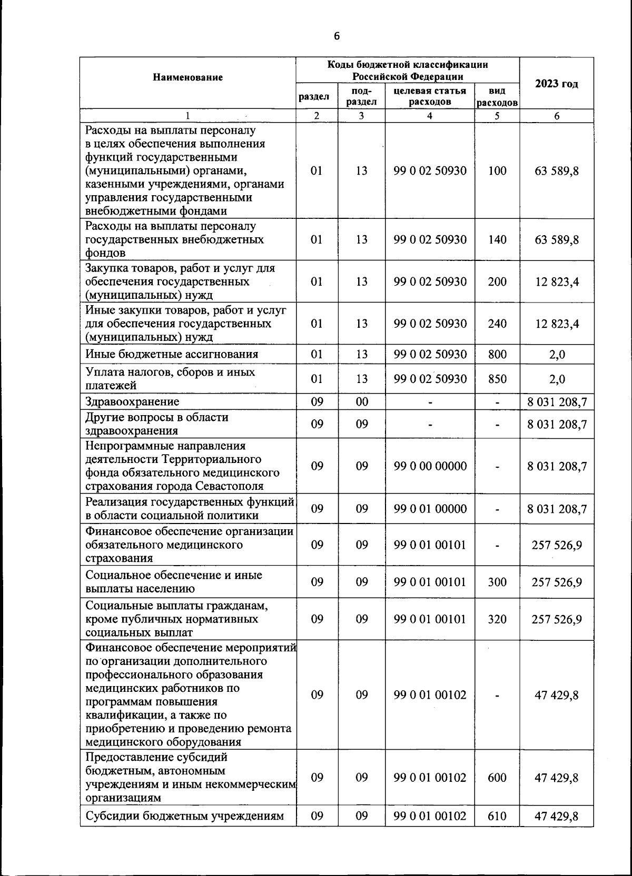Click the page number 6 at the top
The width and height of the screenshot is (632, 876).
(x=337, y=36)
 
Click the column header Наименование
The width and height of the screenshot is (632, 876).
(x=187, y=77)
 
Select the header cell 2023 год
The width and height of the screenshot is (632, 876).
(x=556, y=84)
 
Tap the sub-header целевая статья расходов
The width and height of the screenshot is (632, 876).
(x=430, y=96)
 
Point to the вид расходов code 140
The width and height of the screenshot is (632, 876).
(x=497, y=240)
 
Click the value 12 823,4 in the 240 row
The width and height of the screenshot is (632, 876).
(x=557, y=324)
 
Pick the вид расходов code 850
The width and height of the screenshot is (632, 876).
(x=497, y=379)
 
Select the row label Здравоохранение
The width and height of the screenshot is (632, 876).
(x=132, y=402)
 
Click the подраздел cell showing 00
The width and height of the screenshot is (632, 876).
(x=361, y=402)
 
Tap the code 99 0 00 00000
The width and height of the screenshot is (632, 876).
(x=430, y=466)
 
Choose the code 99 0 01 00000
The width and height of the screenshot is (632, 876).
(x=430, y=509)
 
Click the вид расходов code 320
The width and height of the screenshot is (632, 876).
(x=497, y=619)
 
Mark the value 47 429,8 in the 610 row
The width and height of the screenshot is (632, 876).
(x=556, y=817)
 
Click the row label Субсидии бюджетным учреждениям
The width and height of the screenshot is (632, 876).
(x=184, y=817)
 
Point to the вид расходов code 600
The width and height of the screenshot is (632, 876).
(x=497, y=778)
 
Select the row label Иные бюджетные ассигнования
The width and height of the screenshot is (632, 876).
(x=172, y=355)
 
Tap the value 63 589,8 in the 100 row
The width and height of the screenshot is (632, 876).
(x=557, y=171)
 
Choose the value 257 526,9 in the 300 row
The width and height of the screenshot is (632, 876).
(x=557, y=582)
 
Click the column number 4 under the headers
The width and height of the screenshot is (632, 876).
(x=430, y=116)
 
